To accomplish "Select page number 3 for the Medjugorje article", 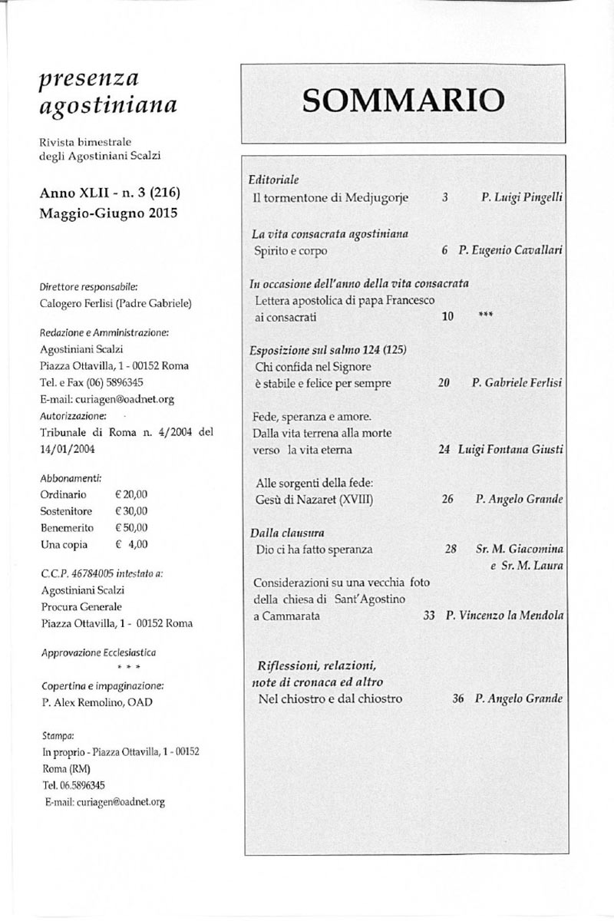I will (445, 198).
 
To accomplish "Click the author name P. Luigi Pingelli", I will (522, 198).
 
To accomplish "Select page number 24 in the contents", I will (444, 449).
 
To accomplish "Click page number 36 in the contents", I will (458, 699).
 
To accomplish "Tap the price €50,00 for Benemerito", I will (131, 528).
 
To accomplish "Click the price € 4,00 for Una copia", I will (131, 545).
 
